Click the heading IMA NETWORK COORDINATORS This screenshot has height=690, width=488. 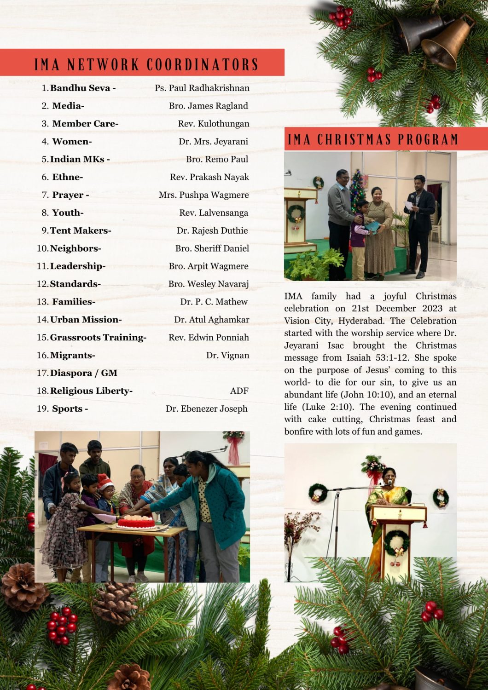tap(146, 64)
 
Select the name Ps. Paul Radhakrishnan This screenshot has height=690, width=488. tap(202, 88)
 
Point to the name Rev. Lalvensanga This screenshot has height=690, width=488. tap(214, 213)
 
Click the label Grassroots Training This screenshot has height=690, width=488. tap(98, 337)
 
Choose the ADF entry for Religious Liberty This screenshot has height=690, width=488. tap(239, 391)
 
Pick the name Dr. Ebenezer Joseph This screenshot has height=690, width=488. tap(207, 408)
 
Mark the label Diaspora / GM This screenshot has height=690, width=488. tap(83, 373)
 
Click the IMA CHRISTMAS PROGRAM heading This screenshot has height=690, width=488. tap(373, 139)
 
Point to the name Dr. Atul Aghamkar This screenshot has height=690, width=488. tap(211, 319)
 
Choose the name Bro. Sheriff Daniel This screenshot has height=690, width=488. tap(212, 248)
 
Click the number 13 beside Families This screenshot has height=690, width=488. tap(42, 302)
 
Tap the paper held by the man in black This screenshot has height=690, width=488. tap(409, 204)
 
